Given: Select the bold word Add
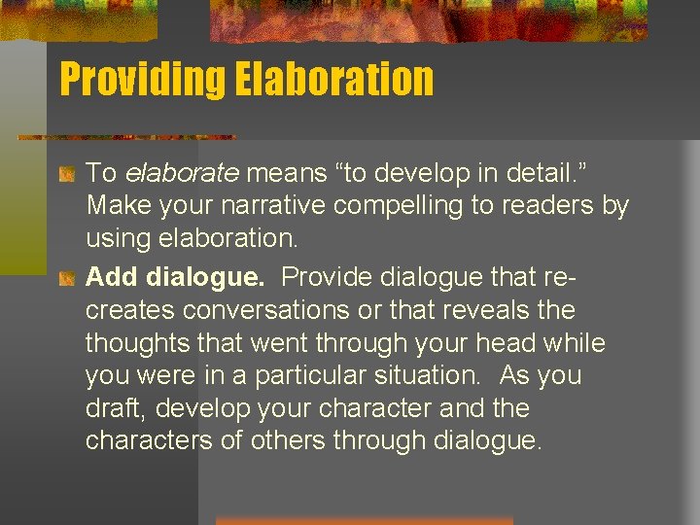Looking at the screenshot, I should coord(112,277).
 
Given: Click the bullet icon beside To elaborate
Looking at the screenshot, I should coord(68,175).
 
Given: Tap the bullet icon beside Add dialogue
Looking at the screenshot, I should coord(68,278).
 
